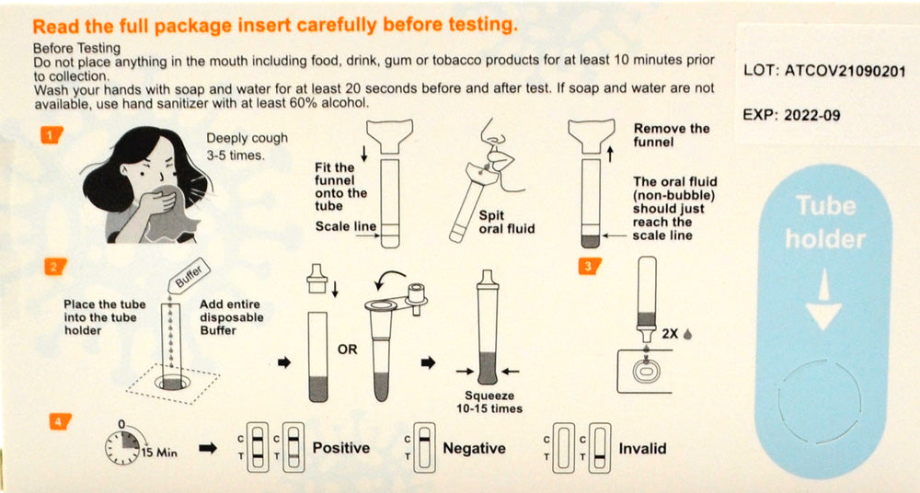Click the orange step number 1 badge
(52, 135)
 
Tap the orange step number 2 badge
(55, 267)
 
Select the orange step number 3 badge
(589, 267)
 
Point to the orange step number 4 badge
(60, 421)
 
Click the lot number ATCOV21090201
(845, 72)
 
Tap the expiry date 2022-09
(812, 115)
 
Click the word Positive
(341, 449)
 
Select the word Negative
(474, 449)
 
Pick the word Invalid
(642, 449)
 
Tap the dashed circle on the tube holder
(820, 402)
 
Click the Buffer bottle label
(189, 274)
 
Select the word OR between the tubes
(347, 350)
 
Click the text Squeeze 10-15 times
(489, 402)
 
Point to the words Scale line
(346, 226)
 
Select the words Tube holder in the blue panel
(825, 223)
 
